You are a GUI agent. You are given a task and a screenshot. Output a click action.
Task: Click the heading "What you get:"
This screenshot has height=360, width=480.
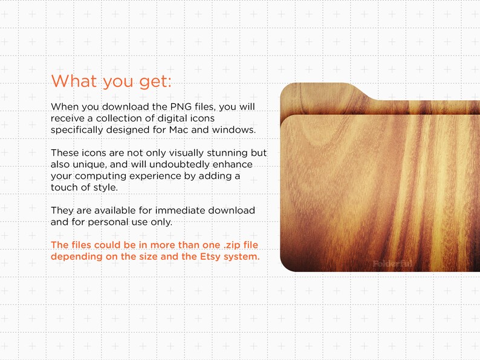coord(112,81)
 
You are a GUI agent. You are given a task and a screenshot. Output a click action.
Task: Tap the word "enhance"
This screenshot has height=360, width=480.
coord(232,164)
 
